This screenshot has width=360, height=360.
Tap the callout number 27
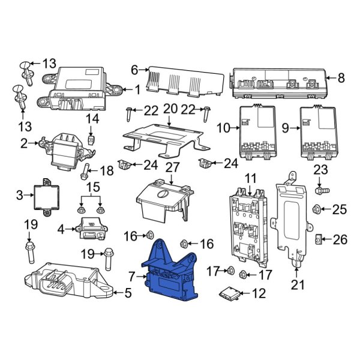click(172, 167)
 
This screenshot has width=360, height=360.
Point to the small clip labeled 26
click(318, 240)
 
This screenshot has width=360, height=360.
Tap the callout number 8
click(341, 77)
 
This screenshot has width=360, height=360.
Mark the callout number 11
click(250, 178)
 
